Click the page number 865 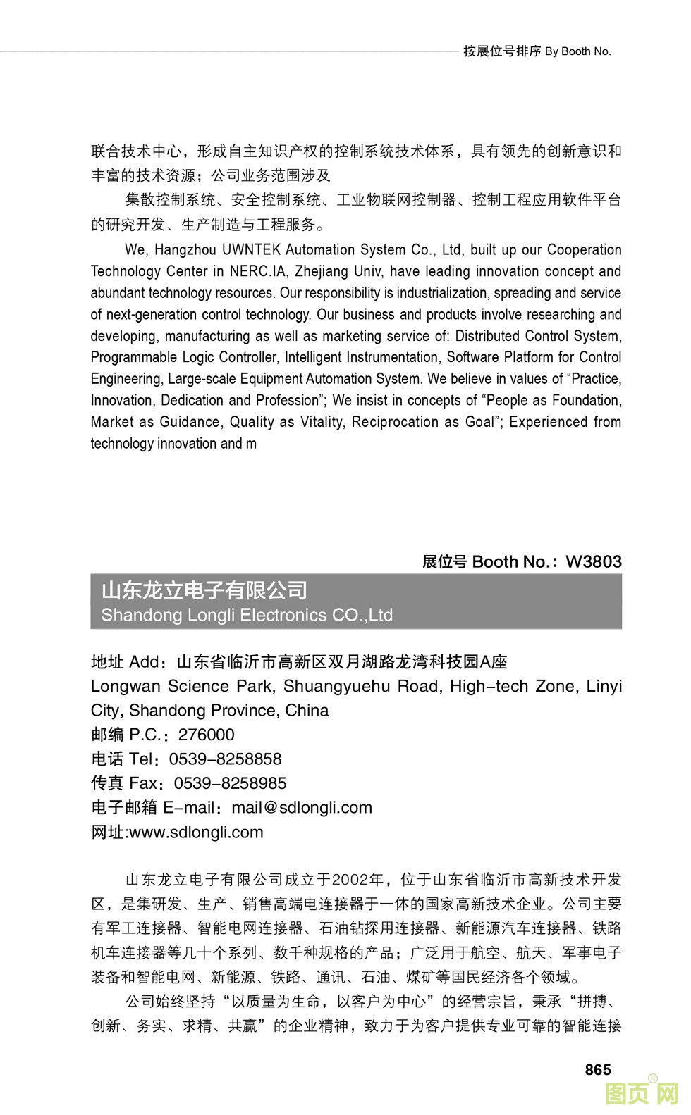[597, 1069]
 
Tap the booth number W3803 [594, 561]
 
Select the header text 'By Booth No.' [578, 51]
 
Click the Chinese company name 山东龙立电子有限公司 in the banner [204, 590]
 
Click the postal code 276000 [206, 735]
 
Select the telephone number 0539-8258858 [225, 759]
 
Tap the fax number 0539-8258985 [230, 783]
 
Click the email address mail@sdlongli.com [302, 807]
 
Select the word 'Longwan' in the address [125, 686]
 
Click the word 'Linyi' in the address [604, 686]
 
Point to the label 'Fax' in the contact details [143, 783]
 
